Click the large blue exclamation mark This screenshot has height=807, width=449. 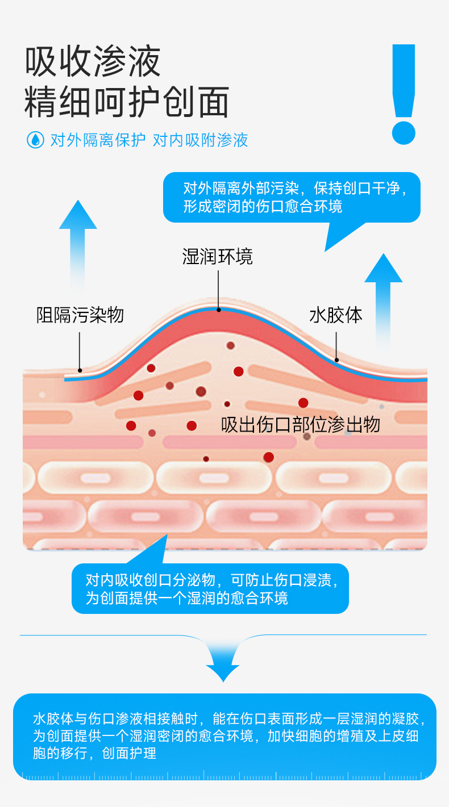pos(404,94)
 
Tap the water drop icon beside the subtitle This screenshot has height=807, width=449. pos(35,140)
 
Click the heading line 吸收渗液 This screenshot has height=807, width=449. pos(93,62)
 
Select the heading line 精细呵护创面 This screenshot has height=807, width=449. pos(127,102)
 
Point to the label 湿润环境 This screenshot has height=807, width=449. pos(218,257)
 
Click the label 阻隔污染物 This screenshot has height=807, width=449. pos(80,315)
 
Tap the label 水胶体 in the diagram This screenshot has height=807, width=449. pos(336,315)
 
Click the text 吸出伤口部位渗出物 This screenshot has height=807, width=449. pos(301,424)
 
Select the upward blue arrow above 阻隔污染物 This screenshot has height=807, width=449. pos(78,244)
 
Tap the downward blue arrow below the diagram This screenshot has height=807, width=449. pos(223,662)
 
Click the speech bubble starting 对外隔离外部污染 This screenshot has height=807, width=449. pos(292,197)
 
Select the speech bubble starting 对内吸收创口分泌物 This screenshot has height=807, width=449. pos(210,588)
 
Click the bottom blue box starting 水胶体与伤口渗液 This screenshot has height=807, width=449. pos(224,736)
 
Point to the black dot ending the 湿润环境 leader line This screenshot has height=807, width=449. pos(218,310)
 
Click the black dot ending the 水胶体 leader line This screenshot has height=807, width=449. pos(337,359)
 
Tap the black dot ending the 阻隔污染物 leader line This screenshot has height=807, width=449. pos(80,370)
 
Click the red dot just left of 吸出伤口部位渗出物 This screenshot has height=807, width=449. pos(192,425)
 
